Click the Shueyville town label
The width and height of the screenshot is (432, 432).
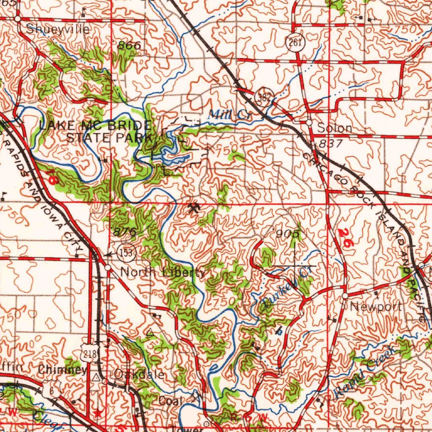pos(57,30)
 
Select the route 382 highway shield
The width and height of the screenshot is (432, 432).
pos(265,97)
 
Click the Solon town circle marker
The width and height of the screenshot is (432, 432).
pos(309,123)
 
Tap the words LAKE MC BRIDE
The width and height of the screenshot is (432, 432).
pos(94,125)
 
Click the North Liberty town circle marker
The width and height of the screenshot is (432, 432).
pos(108,268)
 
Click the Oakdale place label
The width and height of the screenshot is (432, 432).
pos(139,374)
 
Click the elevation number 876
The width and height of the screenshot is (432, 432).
pos(125,232)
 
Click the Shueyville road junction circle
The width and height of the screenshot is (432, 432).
pos(17,19)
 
